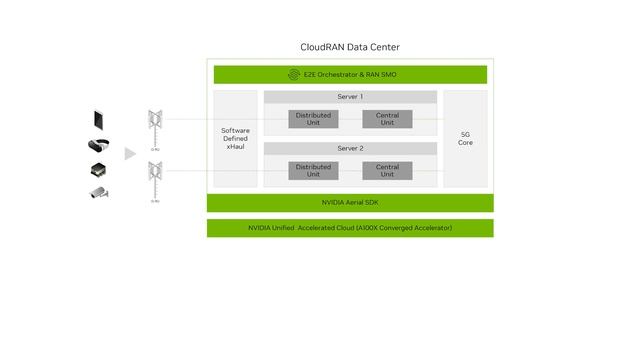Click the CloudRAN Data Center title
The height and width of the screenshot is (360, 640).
(x=350, y=47)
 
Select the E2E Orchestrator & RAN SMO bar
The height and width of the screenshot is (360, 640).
(x=350, y=74)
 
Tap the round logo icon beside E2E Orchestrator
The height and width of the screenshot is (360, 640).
(x=294, y=74)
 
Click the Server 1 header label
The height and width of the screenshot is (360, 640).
(x=350, y=97)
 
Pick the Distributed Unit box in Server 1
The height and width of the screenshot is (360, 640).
(x=313, y=119)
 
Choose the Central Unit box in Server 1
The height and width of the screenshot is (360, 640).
(x=387, y=119)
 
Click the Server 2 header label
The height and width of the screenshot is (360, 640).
(x=350, y=148)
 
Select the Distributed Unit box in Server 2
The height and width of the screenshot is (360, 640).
(x=313, y=171)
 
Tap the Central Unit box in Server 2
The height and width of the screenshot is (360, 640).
(x=387, y=171)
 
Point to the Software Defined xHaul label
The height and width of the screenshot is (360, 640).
(x=235, y=139)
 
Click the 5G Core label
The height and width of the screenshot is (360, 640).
(x=465, y=138)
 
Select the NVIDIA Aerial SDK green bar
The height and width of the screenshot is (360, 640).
(x=350, y=203)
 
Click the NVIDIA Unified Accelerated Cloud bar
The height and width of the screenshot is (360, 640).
(x=350, y=228)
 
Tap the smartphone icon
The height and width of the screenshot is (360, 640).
(x=98, y=120)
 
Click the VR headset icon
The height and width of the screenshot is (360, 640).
(x=98, y=145)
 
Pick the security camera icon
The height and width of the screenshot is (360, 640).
(x=98, y=192)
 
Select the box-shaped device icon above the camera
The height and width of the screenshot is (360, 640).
(x=98, y=169)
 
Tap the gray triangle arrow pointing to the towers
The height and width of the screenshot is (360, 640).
(x=129, y=153)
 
